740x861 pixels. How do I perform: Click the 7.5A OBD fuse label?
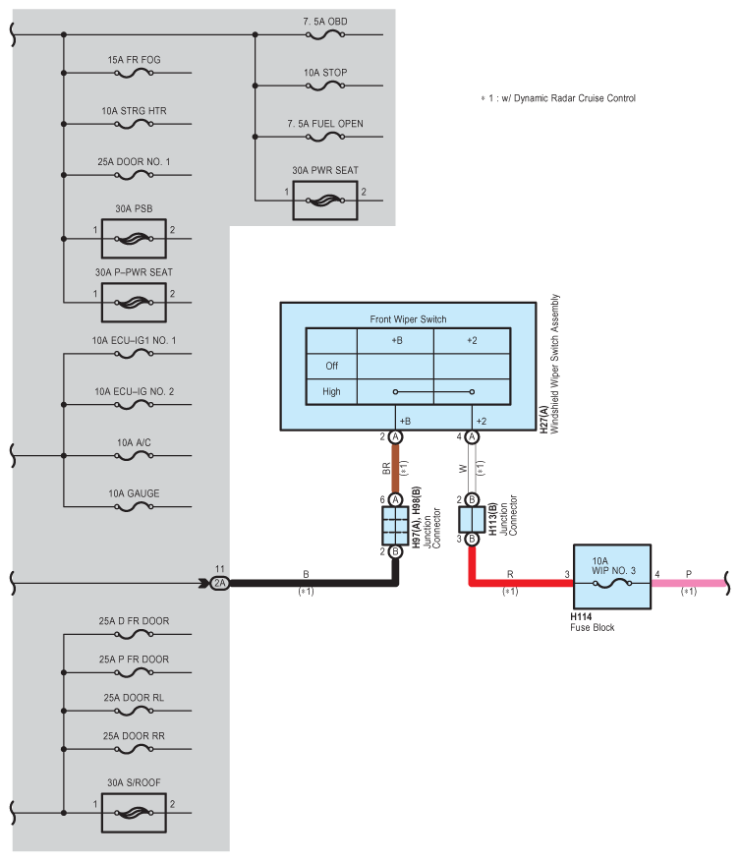[x=324, y=21]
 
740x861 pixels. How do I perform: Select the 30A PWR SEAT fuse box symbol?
[x=324, y=200]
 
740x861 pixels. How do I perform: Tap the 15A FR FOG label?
[x=135, y=60]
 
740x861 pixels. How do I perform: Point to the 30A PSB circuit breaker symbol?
[x=134, y=238]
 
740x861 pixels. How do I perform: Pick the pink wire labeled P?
[x=688, y=583]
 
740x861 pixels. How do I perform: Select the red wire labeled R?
[x=521, y=582]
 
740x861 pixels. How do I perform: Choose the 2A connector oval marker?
[x=219, y=583]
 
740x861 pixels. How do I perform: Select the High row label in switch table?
[x=331, y=391]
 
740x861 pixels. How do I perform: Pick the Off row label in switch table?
[x=331, y=366]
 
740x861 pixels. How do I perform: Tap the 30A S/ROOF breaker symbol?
[x=134, y=813]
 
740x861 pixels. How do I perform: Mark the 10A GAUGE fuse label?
[x=134, y=492]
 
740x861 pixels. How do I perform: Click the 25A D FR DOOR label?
[x=134, y=621]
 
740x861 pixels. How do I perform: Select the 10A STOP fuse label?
[x=324, y=73]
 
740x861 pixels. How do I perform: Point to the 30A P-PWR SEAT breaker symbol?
[x=134, y=299]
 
